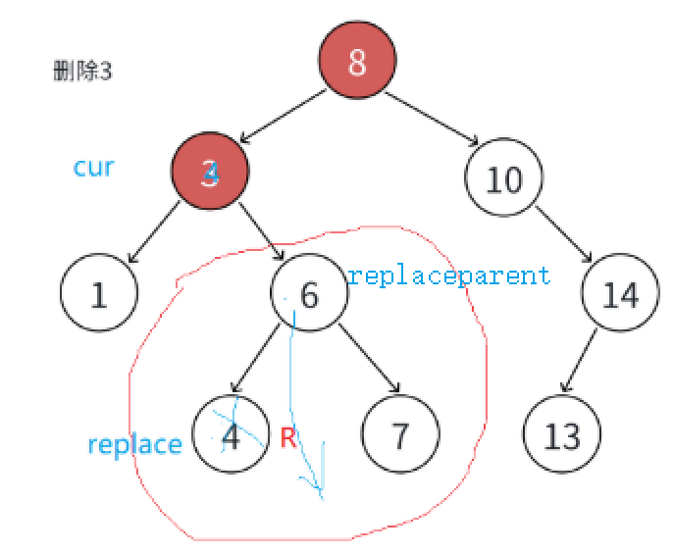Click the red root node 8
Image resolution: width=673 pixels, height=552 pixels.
tap(357, 63)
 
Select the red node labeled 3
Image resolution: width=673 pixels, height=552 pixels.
tap(211, 172)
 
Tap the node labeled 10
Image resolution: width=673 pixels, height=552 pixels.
tap(503, 179)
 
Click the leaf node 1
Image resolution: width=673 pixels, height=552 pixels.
tap(98, 294)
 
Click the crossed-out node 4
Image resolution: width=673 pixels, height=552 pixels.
tap(232, 434)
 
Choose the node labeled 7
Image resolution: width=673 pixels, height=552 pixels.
tap(400, 434)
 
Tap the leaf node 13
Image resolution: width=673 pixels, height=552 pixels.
tap(562, 434)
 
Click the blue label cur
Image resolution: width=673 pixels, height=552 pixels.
tap(94, 167)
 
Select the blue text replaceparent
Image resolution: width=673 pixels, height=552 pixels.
tap(449, 276)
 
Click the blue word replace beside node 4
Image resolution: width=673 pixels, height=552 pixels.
tap(134, 444)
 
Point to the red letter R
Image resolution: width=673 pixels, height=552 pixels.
tap(287, 437)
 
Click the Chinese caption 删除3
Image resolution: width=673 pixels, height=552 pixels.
tap(83, 72)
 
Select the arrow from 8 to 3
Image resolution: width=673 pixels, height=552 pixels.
tap(285, 118)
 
